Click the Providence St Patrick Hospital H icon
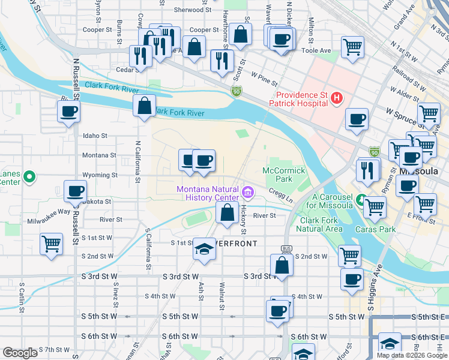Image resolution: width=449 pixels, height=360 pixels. [x=337, y=97]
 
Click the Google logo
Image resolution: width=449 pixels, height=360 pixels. [x=20, y=352]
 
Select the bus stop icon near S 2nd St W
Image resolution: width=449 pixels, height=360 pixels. [x=286, y=249]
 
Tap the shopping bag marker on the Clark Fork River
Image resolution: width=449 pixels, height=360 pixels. [x=144, y=106]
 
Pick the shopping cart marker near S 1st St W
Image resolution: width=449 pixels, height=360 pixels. [x=51, y=244]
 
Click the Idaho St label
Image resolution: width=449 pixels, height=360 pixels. [x=95, y=136]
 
